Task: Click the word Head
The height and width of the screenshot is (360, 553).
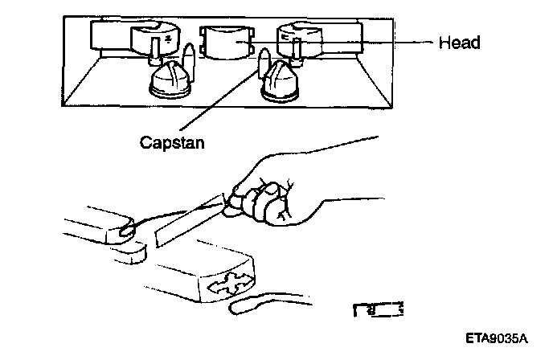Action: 459,43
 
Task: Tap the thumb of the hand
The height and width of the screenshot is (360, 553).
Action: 241,190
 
